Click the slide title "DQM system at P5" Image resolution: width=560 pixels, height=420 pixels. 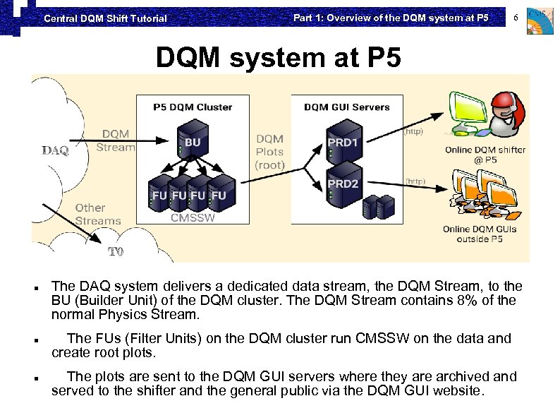pos(278,59)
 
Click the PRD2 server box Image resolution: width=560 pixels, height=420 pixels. pos(343,186)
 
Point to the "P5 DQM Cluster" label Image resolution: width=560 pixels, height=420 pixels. pos(193,107)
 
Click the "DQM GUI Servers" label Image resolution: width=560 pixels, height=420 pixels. pos(346,107)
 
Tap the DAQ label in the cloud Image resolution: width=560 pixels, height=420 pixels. pos(55,150)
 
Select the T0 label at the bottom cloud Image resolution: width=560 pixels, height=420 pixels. pos(115,251)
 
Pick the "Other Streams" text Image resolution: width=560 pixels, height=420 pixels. pos(98,214)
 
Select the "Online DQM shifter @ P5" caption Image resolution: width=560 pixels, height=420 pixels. pos(485,155)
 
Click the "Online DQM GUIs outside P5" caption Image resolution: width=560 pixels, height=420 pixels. pos(479,234)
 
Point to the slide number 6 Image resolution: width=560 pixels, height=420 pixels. pos(516,17)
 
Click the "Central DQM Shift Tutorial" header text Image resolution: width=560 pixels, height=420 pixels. pos(105,18)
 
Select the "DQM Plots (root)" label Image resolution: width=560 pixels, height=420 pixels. pos(270,152)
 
